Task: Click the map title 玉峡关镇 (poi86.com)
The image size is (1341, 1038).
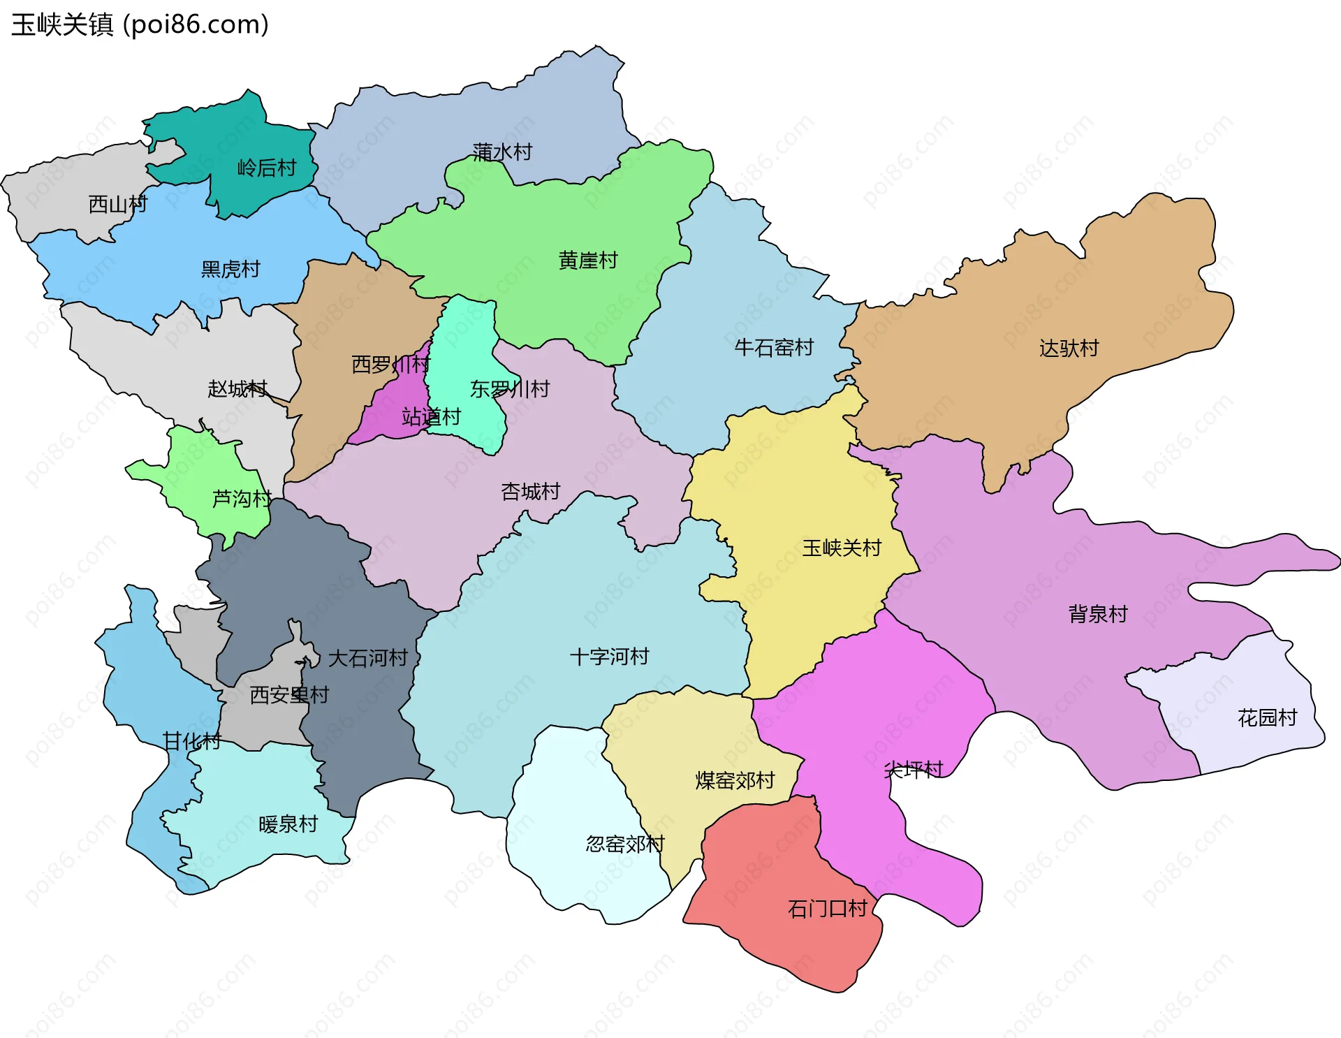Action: (x=140, y=25)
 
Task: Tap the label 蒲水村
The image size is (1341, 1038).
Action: (x=502, y=152)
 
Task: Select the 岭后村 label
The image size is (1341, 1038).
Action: (x=267, y=168)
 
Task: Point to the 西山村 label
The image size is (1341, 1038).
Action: (x=118, y=205)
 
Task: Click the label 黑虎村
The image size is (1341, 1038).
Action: (x=230, y=269)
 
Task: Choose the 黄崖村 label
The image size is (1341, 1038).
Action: (x=588, y=261)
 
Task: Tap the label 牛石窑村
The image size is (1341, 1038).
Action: (x=774, y=347)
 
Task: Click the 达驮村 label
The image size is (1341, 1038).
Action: (x=1069, y=348)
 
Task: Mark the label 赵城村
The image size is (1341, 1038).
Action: (x=237, y=388)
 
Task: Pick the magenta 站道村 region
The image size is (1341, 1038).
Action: (x=391, y=412)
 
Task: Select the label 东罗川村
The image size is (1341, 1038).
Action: (x=510, y=388)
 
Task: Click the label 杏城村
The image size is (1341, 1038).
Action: (x=530, y=492)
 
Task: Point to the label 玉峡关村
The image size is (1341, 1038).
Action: (x=842, y=548)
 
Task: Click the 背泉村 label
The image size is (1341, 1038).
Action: (x=1098, y=614)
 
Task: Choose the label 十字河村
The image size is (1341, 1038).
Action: (x=609, y=657)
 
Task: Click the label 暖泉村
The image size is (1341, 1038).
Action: (x=288, y=824)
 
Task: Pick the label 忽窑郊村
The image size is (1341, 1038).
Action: (x=625, y=844)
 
